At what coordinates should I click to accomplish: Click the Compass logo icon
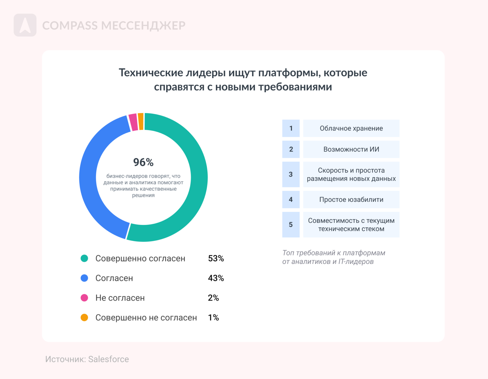[25, 25]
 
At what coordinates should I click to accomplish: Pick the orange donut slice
[140, 122]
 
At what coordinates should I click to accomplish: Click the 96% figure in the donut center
[143, 162]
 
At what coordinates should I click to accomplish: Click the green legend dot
[84, 258]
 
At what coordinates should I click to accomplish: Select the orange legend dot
[84, 317]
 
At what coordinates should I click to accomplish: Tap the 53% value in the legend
[216, 259]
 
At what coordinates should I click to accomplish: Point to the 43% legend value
[216, 278]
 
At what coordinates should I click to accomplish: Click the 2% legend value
[213, 298]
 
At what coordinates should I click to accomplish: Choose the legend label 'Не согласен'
[120, 298]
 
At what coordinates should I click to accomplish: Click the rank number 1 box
[291, 128]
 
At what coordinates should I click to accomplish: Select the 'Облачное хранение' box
[351, 128]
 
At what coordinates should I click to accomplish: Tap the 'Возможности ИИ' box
[351, 149]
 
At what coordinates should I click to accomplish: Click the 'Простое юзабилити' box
[351, 200]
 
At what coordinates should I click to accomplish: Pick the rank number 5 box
[291, 225]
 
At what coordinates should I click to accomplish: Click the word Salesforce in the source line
[108, 359]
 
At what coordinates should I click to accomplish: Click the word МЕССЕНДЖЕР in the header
[143, 26]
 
